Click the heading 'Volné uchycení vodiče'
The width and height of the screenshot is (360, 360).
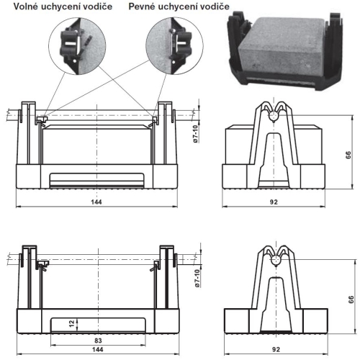coord(63,6)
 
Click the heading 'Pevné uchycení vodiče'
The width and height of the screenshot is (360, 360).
coord(179,6)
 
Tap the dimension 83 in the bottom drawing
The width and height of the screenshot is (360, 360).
coord(98,341)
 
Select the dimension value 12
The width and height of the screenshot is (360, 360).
coord(72,324)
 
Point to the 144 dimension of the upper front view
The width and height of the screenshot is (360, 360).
coord(96,202)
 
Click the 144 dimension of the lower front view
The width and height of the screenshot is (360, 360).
coord(98,349)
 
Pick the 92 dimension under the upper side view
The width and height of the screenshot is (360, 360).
coord(274,202)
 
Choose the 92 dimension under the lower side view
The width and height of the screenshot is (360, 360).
coord(276,349)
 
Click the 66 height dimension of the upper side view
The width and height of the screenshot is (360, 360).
coord(348,155)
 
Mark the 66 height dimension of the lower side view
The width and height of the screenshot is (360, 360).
coord(351,300)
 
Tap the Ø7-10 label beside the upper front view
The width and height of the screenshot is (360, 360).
coord(196,134)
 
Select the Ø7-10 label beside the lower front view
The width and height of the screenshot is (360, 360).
coord(197,279)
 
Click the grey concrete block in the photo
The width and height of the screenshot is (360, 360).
coord(281,45)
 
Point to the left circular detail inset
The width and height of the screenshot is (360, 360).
coord(77,46)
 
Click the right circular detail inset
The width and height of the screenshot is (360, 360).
coord(174,46)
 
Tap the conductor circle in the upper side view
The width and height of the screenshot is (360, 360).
coord(274,116)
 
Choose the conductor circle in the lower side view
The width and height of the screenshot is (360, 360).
coord(276,260)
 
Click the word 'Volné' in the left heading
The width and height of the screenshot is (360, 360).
coord(26,6)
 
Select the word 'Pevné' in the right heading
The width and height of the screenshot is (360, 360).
coord(142,6)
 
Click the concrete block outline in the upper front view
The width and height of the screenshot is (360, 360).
coord(97,145)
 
